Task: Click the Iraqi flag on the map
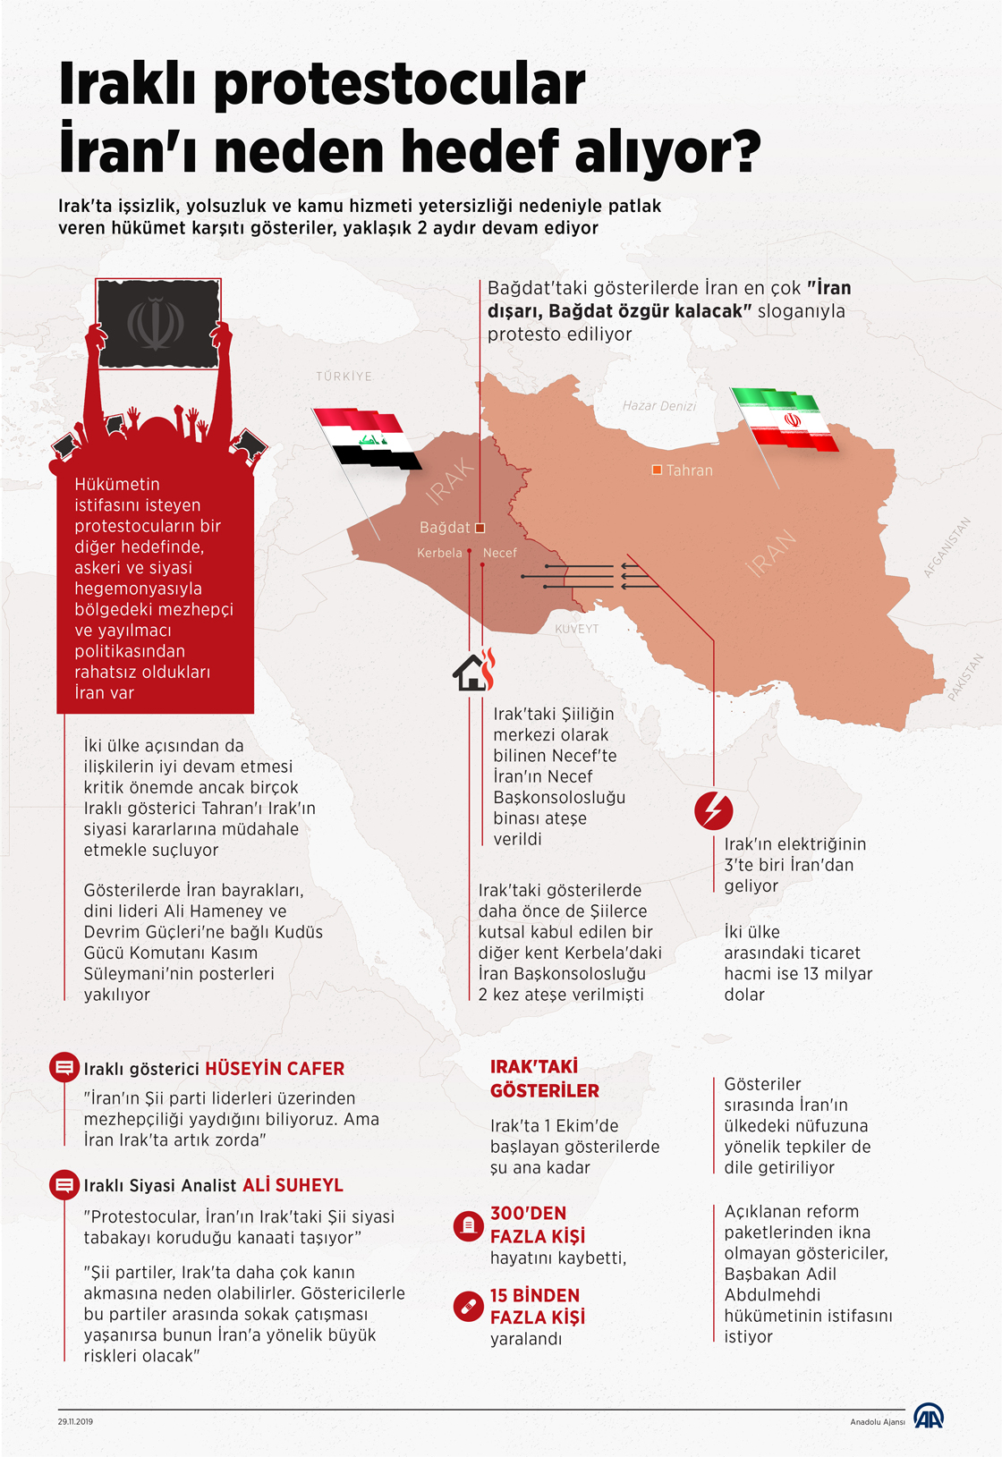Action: coord(367,437)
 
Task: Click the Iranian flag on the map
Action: coord(785,419)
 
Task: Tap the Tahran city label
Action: coord(689,470)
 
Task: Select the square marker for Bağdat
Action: coord(480,528)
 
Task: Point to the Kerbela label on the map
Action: coord(439,553)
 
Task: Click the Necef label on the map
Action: coord(499,553)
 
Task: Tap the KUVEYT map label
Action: coord(577,629)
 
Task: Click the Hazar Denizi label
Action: coord(659,406)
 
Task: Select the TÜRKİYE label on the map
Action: coord(344,377)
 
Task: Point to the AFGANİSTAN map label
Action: coord(947,547)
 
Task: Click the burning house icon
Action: coord(474,670)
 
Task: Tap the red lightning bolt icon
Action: coord(713,811)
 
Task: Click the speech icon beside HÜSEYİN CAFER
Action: coord(64,1067)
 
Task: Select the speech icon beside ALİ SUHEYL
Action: coord(64,1185)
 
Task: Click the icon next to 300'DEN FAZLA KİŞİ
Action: coord(468,1225)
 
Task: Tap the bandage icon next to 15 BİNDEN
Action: coord(468,1307)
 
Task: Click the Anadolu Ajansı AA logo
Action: coord(929,1416)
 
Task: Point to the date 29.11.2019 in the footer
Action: coord(75,1421)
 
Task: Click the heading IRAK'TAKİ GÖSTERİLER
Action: coord(544,1079)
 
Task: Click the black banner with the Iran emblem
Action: coord(157,323)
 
